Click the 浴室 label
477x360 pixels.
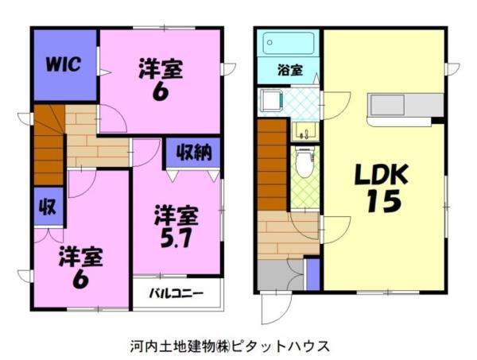tap(289, 70)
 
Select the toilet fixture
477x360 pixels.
tap(303, 162)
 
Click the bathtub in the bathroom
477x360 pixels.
tap(289, 41)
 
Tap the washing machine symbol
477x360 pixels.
tap(272, 102)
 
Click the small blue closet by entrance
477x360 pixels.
tap(312, 273)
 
